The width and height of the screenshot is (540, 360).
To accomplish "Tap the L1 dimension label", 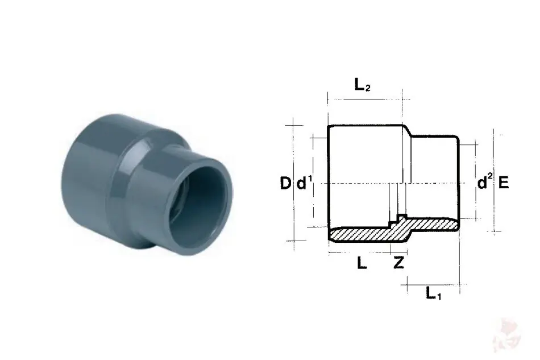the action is click(x=433, y=293).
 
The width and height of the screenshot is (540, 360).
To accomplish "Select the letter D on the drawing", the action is click(x=285, y=183).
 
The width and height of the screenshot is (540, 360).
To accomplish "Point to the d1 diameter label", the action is click(x=304, y=183).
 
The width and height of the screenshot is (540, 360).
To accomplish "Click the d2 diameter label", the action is click(x=485, y=181).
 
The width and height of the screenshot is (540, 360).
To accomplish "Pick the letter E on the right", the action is click(x=504, y=183).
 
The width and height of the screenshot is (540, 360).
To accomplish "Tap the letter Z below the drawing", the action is click(x=398, y=263).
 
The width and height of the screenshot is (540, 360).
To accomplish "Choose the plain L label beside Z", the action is click(x=362, y=263).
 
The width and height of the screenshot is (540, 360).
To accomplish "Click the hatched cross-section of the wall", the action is click(x=393, y=231).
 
